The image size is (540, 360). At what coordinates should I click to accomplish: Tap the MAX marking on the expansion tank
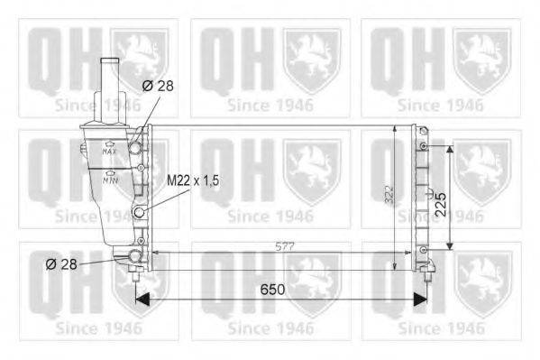click(x=110, y=151)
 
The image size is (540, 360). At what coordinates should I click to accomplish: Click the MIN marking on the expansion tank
click(x=110, y=180)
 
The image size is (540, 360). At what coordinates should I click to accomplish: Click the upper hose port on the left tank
click(x=138, y=145)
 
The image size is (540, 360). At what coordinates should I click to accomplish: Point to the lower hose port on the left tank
click(x=136, y=257)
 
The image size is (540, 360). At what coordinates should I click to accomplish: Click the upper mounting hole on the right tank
click(x=423, y=145)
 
